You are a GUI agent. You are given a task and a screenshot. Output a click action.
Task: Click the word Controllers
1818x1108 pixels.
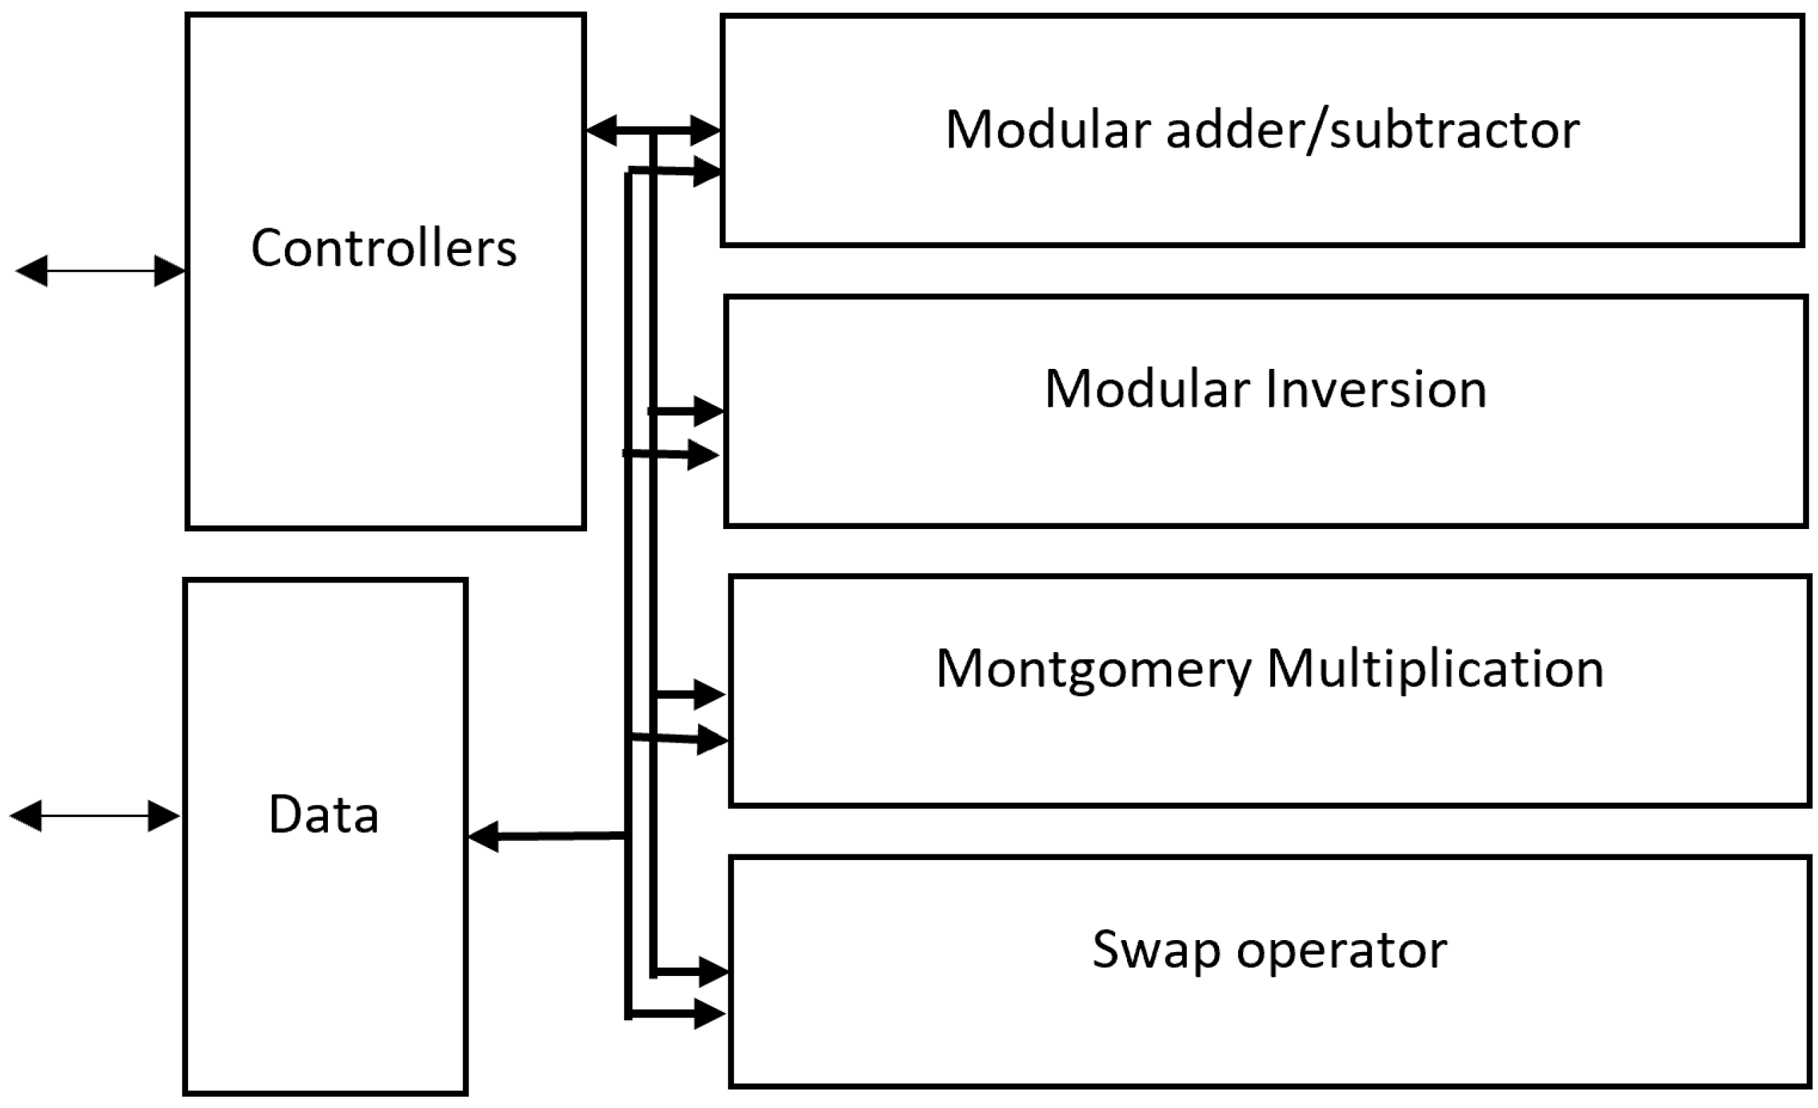(383, 248)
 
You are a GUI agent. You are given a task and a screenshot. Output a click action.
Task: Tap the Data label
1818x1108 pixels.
(323, 815)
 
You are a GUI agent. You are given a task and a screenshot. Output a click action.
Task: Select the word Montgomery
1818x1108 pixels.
(1094, 669)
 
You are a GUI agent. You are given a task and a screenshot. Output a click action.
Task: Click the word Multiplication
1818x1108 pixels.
(1435, 669)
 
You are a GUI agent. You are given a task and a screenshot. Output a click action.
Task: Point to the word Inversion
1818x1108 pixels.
(1376, 389)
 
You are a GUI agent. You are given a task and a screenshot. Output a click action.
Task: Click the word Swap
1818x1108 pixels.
(1155, 950)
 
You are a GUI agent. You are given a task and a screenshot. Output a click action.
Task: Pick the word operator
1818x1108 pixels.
(1341, 950)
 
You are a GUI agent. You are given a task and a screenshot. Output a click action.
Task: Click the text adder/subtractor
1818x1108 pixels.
(1372, 130)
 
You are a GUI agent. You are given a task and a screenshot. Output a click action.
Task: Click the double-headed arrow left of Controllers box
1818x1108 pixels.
(100, 271)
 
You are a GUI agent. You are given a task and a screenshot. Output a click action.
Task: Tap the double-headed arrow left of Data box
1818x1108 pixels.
(94, 816)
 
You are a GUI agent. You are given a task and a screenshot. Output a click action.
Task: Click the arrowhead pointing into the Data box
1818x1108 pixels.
(484, 836)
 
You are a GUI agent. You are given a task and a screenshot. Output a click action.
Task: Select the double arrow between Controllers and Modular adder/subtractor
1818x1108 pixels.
(653, 131)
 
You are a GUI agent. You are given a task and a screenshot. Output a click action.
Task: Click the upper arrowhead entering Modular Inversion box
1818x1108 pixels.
(709, 411)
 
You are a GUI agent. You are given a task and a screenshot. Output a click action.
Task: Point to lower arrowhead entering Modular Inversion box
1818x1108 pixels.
(702, 455)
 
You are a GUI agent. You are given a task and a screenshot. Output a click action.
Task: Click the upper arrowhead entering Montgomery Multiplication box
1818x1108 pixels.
(710, 694)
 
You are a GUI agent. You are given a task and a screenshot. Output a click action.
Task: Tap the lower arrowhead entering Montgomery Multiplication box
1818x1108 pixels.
(712, 740)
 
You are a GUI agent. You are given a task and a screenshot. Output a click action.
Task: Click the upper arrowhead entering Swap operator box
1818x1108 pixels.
(713, 972)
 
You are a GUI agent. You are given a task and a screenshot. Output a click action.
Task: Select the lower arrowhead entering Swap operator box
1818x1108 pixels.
(710, 1015)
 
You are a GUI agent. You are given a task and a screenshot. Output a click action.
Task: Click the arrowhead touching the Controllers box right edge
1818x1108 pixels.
(601, 131)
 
